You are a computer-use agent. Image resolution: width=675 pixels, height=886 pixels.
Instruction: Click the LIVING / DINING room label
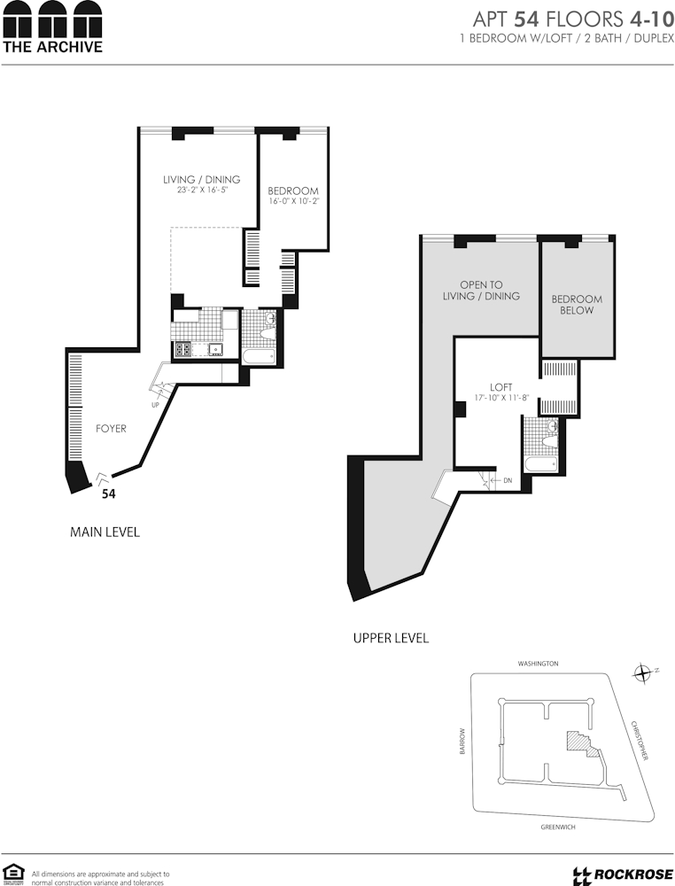click(202, 180)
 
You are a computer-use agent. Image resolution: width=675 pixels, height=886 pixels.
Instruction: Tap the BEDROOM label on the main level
click(292, 191)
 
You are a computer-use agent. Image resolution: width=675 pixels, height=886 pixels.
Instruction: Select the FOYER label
click(111, 428)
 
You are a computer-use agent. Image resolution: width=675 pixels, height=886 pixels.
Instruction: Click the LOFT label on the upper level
click(501, 387)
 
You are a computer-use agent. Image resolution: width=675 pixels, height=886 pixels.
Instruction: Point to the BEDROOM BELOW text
click(577, 305)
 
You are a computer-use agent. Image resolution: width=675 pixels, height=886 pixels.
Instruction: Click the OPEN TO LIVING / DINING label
click(481, 291)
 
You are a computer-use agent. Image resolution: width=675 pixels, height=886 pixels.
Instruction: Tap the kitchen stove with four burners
click(183, 349)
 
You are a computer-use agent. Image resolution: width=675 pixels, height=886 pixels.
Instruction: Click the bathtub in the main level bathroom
click(259, 356)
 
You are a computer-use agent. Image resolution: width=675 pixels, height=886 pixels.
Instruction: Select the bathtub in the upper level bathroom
click(541, 464)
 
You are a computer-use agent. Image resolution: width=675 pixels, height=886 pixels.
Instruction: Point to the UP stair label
click(155, 405)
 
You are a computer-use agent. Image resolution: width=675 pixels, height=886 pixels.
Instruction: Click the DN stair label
click(508, 480)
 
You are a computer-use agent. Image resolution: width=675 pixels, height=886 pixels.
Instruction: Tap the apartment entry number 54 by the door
click(108, 494)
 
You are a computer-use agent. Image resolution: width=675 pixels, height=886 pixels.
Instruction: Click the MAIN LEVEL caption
click(105, 532)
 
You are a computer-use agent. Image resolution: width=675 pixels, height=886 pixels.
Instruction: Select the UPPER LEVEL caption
click(391, 638)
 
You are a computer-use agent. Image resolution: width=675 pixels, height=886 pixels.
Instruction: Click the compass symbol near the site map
click(642, 673)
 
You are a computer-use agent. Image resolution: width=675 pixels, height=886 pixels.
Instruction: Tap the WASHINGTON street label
click(539, 664)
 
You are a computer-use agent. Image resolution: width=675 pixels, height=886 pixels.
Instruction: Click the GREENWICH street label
click(558, 827)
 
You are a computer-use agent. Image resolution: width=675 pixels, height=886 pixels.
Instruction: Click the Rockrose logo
click(623, 875)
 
